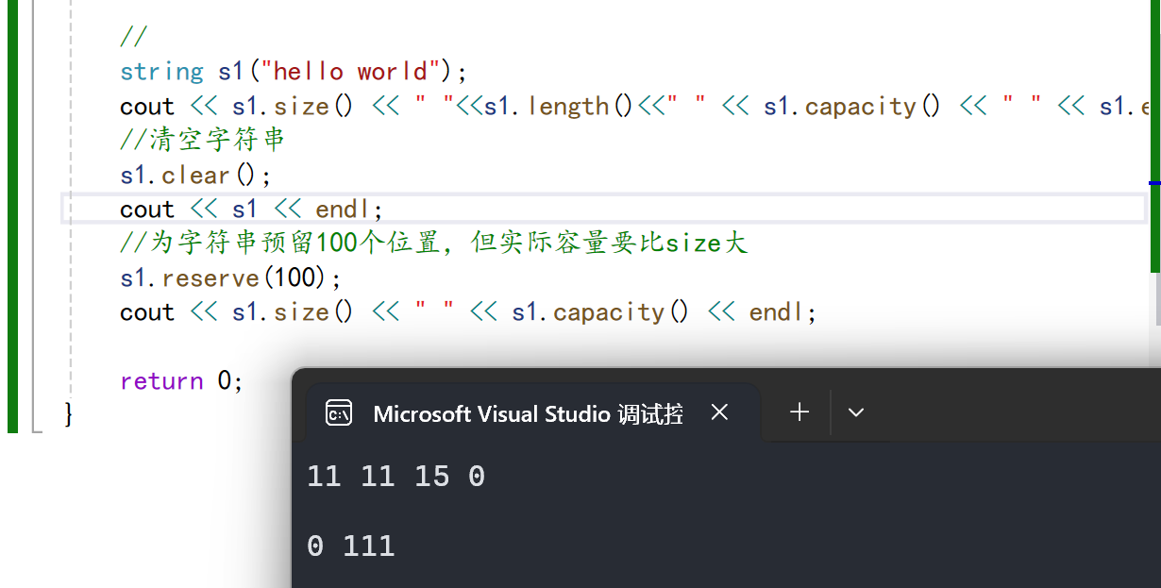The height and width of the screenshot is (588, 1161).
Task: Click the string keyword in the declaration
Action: (x=161, y=72)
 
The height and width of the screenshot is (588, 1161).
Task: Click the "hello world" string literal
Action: (x=349, y=72)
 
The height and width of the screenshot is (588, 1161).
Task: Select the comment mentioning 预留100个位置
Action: (x=434, y=244)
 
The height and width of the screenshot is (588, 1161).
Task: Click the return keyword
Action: (x=161, y=380)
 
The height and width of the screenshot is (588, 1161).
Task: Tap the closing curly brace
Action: (x=68, y=413)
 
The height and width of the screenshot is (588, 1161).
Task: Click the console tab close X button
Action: (x=719, y=412)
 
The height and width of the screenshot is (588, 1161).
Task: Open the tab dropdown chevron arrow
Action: (x=856, y=412)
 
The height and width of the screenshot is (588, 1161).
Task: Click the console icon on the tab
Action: (x=339, y=412)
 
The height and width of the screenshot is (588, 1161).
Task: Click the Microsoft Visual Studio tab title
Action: (x=528, y=413)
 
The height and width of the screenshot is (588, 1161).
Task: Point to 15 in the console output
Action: (x=431, y=477)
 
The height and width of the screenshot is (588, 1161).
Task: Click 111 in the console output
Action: (x=368, y=546)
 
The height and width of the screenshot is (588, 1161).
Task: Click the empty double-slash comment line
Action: (x=133, y=38)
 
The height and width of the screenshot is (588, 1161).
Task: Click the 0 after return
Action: (x=224, y=380)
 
